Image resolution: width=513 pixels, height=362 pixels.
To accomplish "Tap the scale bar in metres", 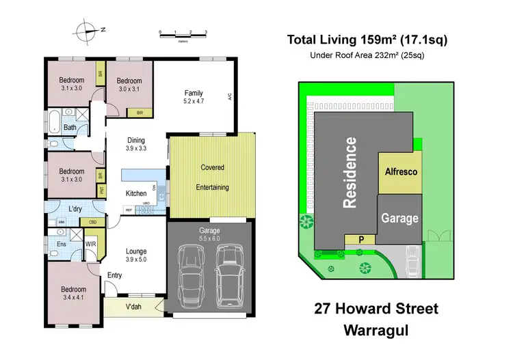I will coord(183,33).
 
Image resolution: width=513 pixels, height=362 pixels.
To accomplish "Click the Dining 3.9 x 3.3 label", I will coord(135,144).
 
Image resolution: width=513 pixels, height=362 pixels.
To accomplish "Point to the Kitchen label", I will coord(136,193).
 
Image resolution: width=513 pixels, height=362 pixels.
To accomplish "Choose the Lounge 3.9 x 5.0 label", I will coord(135,255).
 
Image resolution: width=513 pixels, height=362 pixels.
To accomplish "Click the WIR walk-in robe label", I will coord(90,244).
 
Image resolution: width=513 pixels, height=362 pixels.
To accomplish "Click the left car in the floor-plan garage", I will coord(192,270).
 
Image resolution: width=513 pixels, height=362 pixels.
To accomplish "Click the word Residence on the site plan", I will coord(350,172).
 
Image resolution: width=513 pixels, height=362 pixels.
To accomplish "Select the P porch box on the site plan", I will coord(362,239).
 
